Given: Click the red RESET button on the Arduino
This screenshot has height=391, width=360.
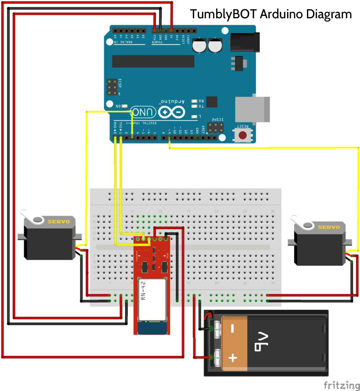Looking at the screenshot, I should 242,135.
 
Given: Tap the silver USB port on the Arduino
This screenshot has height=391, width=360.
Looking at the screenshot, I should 252,109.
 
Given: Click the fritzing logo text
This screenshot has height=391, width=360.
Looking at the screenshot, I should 341,385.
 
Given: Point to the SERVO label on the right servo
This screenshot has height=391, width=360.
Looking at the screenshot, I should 329,227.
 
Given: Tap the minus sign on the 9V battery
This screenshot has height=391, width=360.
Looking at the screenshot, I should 232,328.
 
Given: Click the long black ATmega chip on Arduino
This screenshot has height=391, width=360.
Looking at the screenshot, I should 153,61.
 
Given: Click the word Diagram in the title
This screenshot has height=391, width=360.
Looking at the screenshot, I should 329,15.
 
